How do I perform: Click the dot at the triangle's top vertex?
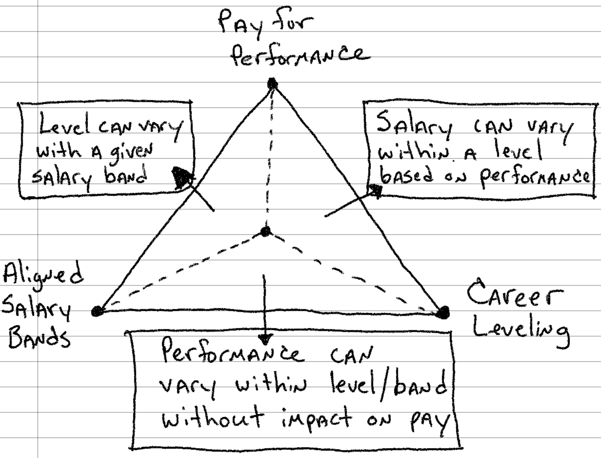(272, 84)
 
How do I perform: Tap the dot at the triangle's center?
(265, 231)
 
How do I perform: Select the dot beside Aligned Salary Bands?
(98, 311)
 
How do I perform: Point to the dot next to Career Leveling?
(443, 312)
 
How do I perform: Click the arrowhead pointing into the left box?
(182, 177)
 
